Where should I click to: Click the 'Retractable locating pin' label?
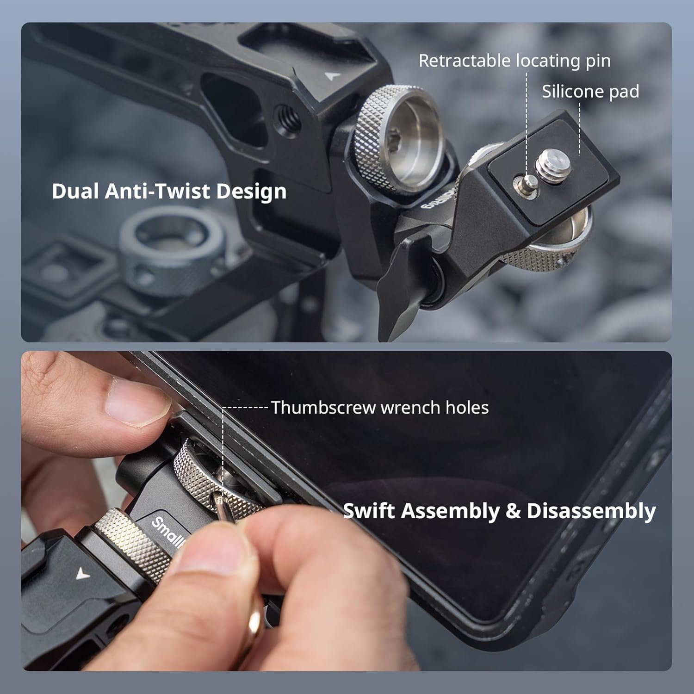[514, 61]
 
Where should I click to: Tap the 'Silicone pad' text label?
[590, 92]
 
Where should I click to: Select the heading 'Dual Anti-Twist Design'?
[169, 191]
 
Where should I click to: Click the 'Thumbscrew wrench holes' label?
[379, 408]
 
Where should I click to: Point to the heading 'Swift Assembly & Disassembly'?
[499, 511]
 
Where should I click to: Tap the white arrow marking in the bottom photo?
[82, 574]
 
